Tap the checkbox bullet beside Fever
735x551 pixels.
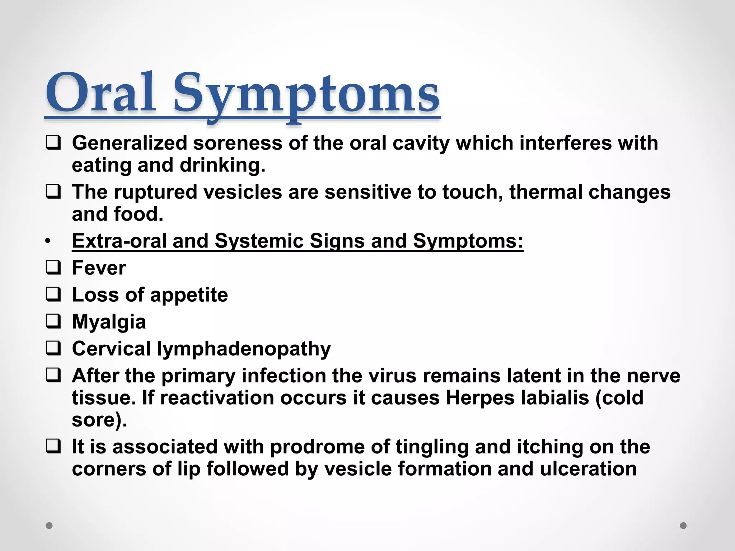[53, 268]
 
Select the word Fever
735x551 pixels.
[99, 268]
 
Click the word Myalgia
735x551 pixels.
[109, 322]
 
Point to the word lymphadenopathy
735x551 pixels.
[244, 349]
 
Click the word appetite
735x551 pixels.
[189, 295]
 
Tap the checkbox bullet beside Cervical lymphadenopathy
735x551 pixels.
[53, 349]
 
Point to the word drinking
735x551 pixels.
[222, 165]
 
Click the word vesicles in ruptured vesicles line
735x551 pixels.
[243, 192]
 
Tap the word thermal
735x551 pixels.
[545, 192]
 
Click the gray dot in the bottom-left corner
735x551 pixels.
[49, 526]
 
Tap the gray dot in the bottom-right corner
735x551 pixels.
[683, 526]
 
